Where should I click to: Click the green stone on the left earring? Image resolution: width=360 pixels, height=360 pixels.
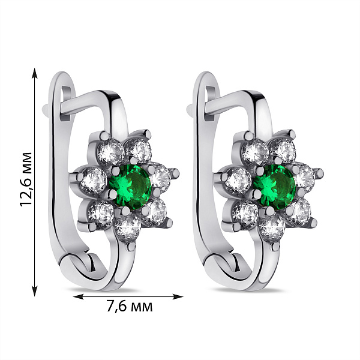[x=130, y=187]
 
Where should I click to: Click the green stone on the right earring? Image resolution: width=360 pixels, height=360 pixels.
[x=275, y=187]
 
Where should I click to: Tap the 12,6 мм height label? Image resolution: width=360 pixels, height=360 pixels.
[x=26, y=179]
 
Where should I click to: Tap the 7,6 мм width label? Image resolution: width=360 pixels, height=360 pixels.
[x=130, y=306]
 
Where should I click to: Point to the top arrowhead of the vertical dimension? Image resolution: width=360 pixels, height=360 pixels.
[x=35, y=73]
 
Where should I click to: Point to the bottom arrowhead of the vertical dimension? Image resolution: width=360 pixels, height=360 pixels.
[x=35, y=291]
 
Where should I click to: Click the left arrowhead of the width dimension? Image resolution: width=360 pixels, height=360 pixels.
[x=78, y=296]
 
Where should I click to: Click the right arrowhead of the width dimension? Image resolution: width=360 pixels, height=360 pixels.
[x=178, y=296]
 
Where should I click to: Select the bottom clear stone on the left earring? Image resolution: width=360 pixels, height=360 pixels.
[x=128, y=227]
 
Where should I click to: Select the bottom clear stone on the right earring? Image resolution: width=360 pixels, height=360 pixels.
[x=272, y=227]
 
